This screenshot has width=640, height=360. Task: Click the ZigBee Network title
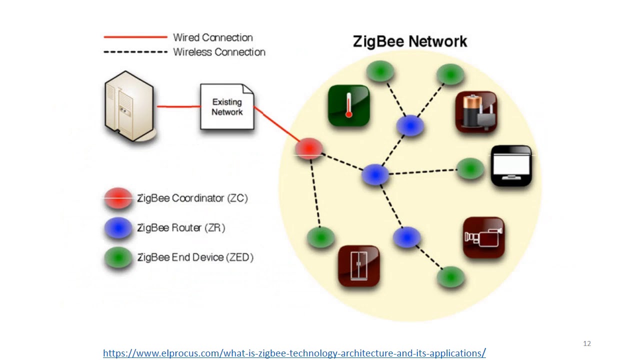[410, 41]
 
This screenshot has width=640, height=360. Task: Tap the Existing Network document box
[227, 107]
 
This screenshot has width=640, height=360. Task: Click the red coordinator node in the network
[308, 148]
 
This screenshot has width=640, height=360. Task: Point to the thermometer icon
[349, 105]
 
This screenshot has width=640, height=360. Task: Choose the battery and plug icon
[476, 112]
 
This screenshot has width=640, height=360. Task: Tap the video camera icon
[483, 237]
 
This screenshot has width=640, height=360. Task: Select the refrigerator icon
[358, 265]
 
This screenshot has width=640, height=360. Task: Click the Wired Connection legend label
[212, 37]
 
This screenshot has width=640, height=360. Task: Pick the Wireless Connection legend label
[219, 52]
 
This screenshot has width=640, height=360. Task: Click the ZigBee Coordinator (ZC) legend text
[192, 198]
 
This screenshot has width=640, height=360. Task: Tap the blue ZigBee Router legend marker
[118, 228]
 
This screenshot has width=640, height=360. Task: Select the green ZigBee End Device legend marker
[118, 257]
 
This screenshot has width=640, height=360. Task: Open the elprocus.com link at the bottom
[294, 353]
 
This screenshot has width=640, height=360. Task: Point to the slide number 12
[587, 343]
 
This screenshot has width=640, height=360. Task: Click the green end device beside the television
[470, 168]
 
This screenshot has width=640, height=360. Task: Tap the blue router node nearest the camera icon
[406, 237]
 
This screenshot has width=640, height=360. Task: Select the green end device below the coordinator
[320, 237]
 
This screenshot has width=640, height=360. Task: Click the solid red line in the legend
[135, 37]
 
